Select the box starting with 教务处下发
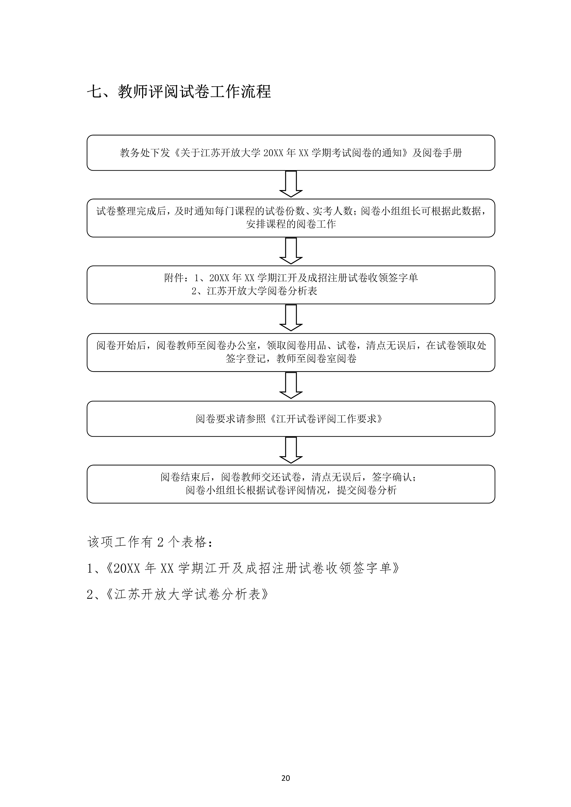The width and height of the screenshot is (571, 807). click(291, 153)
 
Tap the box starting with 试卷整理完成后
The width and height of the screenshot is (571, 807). click(291, 218)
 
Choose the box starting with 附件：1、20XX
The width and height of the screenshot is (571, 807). click(291, 285)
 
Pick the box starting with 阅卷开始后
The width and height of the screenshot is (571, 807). click(291, 352)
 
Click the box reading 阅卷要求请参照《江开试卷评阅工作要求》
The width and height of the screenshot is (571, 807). click(291, 419)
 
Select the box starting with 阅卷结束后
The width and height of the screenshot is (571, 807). click(291, 484)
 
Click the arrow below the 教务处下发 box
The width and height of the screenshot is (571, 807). click(291, 184)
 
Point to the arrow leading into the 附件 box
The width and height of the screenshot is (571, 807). click(291, 251)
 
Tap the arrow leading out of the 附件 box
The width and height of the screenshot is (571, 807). click(291, 318)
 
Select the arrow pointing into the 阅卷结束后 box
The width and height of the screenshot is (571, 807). click(291, 450)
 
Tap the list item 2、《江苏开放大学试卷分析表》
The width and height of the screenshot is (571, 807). click(178, 594)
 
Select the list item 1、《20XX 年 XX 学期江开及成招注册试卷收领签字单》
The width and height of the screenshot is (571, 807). click(243, 568)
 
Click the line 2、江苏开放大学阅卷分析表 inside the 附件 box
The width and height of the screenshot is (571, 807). click(254, 291)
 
